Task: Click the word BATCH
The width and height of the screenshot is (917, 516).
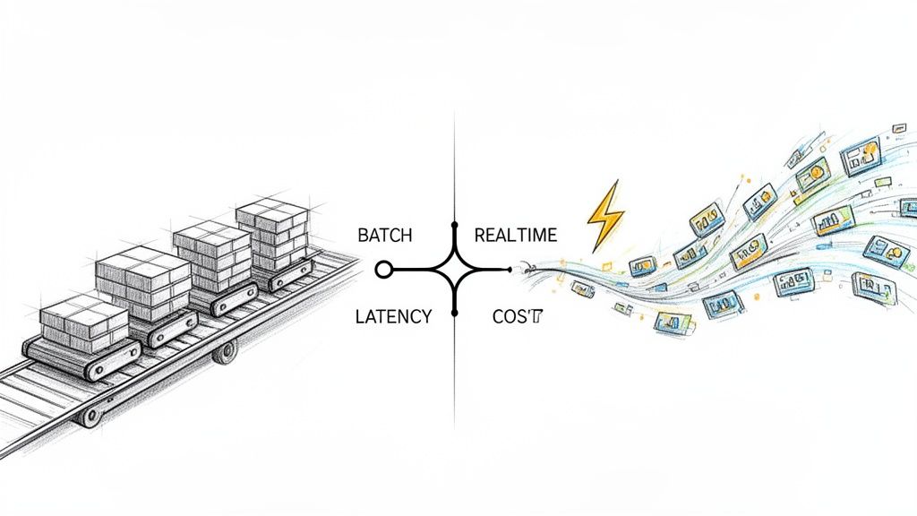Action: (x=385, y=236)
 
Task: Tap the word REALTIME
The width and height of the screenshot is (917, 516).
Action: (x=515, y=236)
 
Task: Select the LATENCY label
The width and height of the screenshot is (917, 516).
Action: (x=394, y=316)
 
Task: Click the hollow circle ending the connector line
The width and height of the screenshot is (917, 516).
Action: (x=384, y=269)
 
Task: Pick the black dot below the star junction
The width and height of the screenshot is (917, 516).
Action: (x=455, y=313)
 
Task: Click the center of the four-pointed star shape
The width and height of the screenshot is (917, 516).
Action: (x=455, y=269)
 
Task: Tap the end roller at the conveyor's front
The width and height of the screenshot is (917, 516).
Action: (x=90, y=415)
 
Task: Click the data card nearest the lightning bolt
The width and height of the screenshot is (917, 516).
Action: (x=643, y=266)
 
